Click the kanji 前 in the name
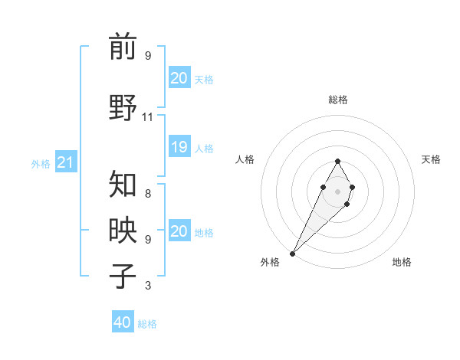122,47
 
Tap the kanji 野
122,106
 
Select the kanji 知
122,184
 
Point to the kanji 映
122,228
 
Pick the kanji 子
122,275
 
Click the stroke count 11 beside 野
147,116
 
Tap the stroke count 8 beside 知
147,194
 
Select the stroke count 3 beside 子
147,286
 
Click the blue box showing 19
179,148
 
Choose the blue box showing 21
65,162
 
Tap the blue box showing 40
122,322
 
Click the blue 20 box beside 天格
179,78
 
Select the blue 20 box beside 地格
179,232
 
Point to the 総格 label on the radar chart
337,100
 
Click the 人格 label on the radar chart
245,159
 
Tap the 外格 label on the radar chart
270,262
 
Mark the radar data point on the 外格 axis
293,253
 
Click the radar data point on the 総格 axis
337,161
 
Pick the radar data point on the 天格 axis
352,187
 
